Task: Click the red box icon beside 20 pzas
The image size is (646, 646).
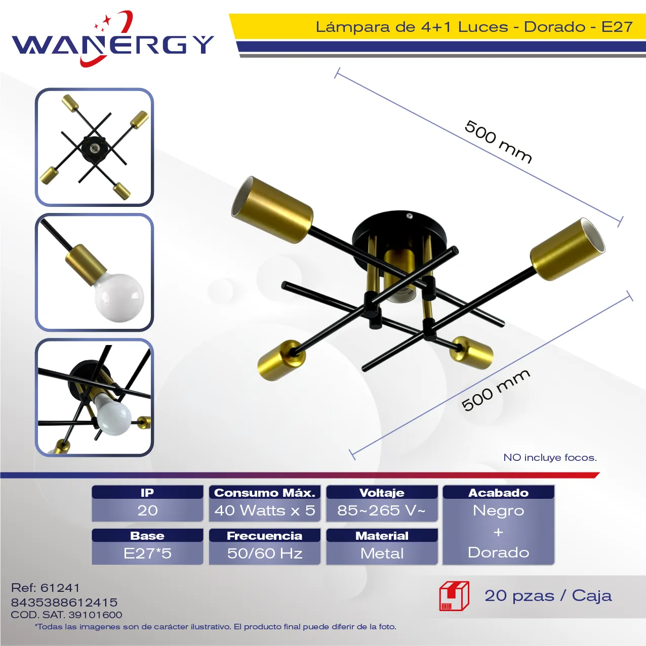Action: coord(455,596)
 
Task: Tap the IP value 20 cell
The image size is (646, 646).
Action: coord(147,510)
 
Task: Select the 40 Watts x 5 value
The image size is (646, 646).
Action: coord(265,510)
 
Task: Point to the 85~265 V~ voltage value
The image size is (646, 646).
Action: coord(382,510)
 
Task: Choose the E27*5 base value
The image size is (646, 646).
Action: coord(147,553)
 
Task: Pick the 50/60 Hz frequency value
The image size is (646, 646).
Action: coord(265,553)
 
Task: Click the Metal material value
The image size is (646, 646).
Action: coord(382,553)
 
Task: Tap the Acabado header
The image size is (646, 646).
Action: coord(498,492)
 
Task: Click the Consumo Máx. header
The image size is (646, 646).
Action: coord(265,492)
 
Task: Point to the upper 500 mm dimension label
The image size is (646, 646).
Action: coord(498,142)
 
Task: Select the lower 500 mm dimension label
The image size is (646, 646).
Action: coord(496,390)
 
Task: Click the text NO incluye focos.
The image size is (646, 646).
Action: coord(550,458)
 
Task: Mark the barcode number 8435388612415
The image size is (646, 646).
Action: coord(64,602)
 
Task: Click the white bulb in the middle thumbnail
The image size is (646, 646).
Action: coord(119,297)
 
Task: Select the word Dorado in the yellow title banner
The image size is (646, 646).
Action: coord(554,26)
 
